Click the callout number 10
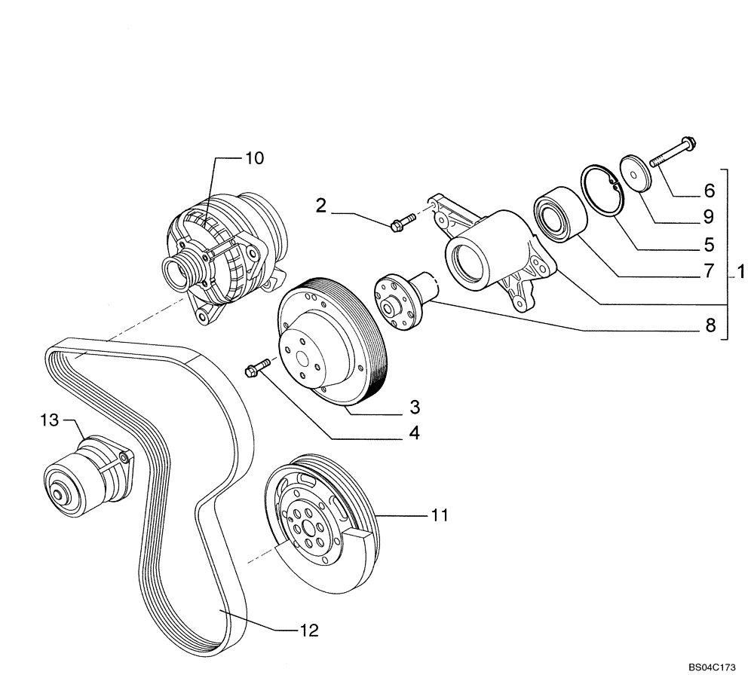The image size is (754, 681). (x=254, y=158)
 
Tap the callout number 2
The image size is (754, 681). (x=321, y=206)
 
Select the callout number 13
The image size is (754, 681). (x=50, y=420)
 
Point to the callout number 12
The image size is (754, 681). (x=309, y=631)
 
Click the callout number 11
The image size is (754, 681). (x=440, y=515)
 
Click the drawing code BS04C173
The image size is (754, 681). (x=711, y=667)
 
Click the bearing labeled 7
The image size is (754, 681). (x=556, y=213)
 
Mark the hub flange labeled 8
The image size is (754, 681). (x=400, y=301)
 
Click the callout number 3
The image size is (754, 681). (x=415, y=408)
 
